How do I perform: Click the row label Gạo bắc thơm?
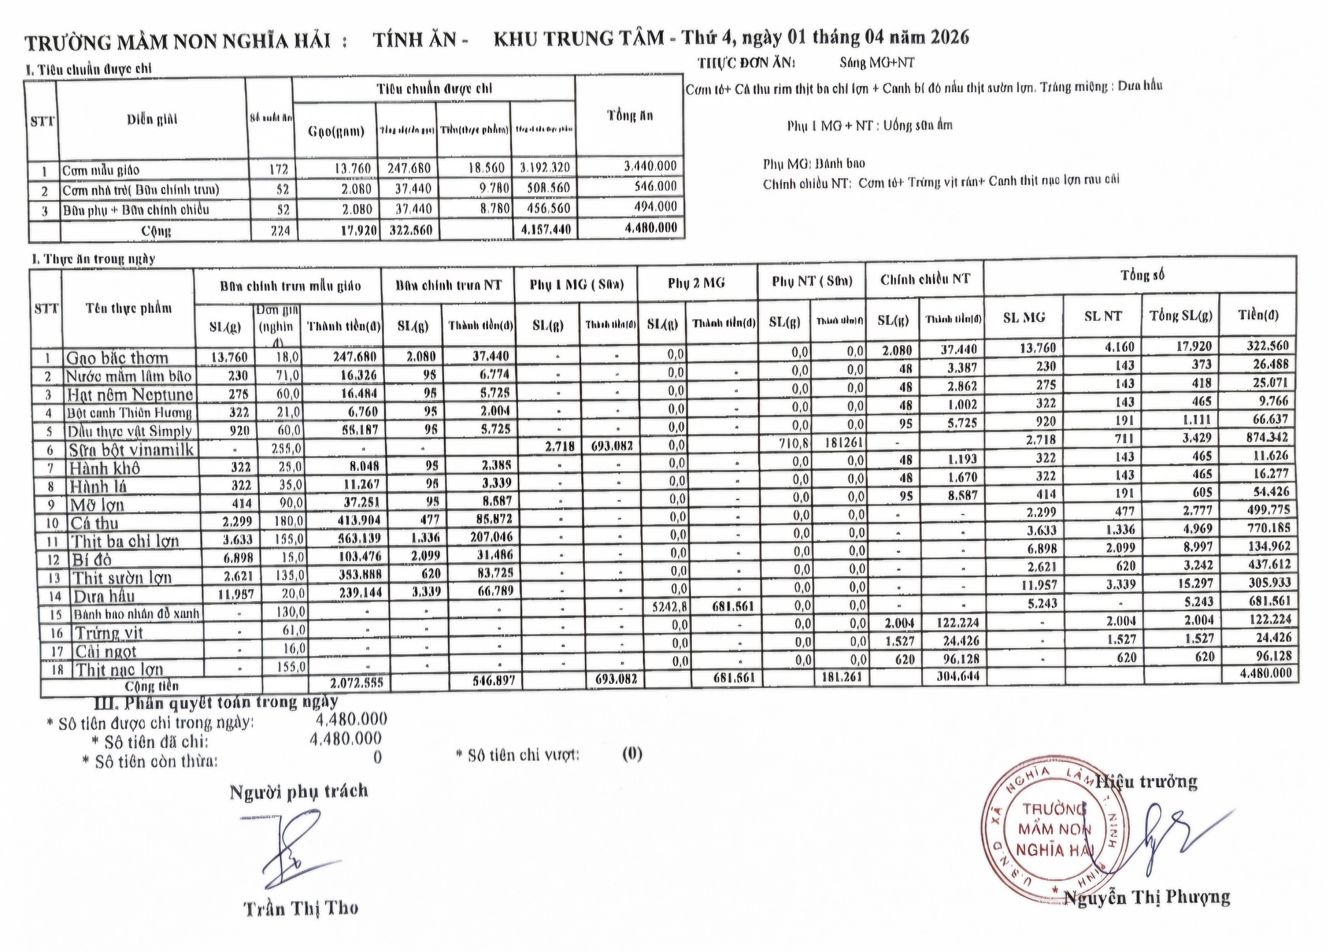[x=117, y=358]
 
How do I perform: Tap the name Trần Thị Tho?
[x=301, y=909]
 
